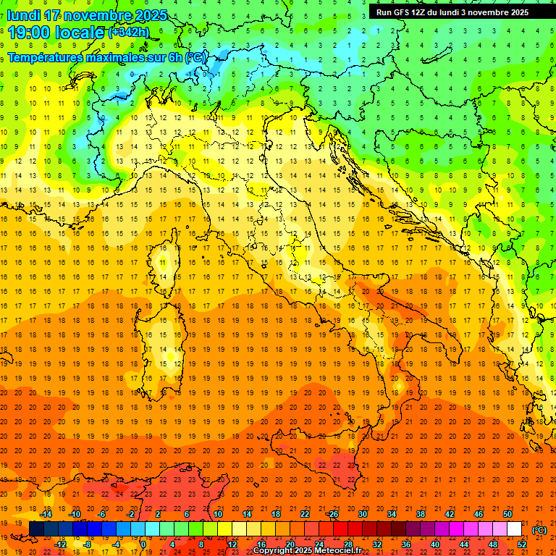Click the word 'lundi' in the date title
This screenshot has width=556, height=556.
[24, 15]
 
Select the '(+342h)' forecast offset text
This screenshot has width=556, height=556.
[128, 33]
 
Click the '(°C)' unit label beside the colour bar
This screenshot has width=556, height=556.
[539, 529]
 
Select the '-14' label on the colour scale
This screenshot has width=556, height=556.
[47, 514]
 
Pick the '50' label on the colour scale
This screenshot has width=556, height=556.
[507, 514]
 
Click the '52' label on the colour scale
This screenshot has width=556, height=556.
[521, 544]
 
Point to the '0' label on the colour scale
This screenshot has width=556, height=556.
[143, 544]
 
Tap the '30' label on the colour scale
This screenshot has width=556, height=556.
[362, 514]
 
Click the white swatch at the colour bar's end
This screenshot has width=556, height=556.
[514, 529]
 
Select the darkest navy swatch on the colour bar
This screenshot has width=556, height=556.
[36, 529]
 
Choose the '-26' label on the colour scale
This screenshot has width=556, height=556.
[332, 514]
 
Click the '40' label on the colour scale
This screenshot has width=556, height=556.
[434, 544]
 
